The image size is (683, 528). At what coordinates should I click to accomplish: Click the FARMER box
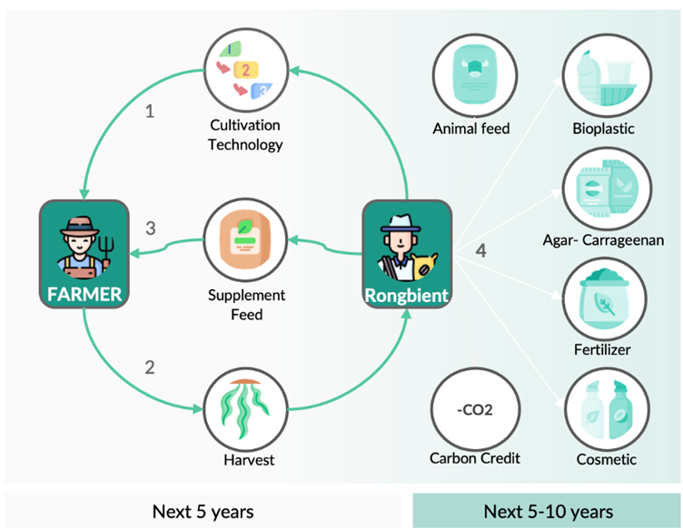pyautogui.click(x=82, y=253)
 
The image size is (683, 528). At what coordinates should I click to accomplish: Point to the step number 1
pyautogui.click(x=151, y=112)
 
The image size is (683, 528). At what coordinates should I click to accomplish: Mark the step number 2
pyautogui.click(x=151, y=367)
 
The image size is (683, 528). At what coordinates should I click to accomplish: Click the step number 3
pyautogui.click(x=152, y=228)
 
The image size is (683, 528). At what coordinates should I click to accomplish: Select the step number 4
pyautogui.click(x=481, y=251)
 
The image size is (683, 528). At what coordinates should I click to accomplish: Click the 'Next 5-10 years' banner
pyautogui.click(x=548, y=511)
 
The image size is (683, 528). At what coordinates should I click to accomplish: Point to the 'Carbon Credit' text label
pyautogui.click(x=475, y=457)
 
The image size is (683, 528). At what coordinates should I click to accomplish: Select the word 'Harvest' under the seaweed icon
pyautogui.click(x=249, y=460)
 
